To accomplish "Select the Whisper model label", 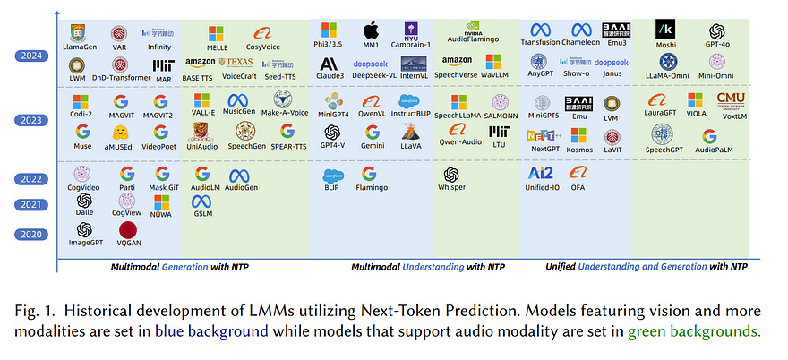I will [452, 189].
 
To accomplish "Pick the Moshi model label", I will [665, 45].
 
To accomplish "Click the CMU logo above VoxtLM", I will [731, 99].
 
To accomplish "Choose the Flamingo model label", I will [371, 189].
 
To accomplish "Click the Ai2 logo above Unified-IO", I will [542, 173].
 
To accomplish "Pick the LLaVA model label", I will [411, 144].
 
